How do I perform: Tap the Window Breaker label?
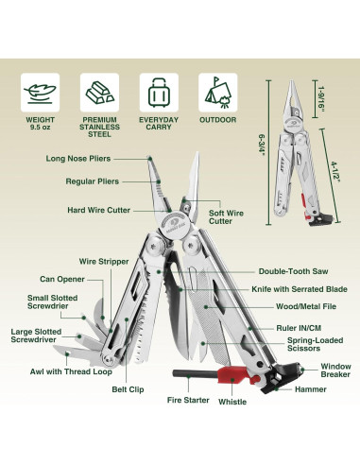(x=334, y=370)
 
